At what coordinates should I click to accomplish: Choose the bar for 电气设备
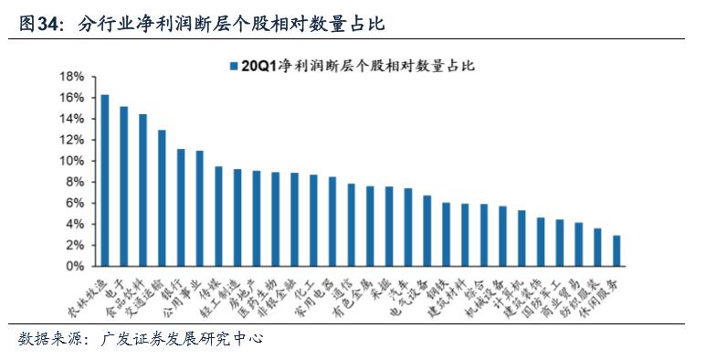tap(426, 231)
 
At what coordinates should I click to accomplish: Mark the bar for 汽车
tap(407, 228)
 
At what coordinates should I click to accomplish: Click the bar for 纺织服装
tap(597, 248)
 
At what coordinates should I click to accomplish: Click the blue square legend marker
tap(233, 66)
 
